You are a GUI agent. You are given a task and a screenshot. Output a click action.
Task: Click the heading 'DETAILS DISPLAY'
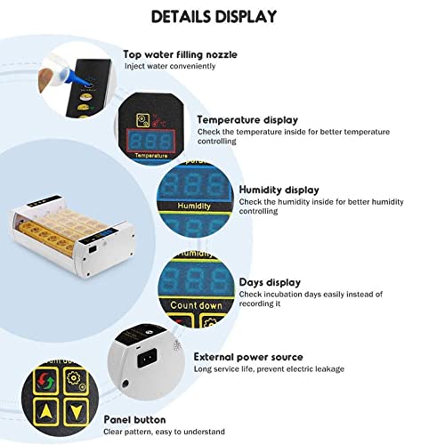(214, 17)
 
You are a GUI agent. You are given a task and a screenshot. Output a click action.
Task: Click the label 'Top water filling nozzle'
(180, 54)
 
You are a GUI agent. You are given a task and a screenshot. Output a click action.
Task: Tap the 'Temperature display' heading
(247, 120)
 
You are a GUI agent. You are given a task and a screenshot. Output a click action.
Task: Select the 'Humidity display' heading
(279, 190)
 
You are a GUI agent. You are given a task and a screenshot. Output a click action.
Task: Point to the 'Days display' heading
(270, 282)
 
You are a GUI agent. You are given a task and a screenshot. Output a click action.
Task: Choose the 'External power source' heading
(248, 357)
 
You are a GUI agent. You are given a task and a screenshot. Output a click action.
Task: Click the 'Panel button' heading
(134, 420)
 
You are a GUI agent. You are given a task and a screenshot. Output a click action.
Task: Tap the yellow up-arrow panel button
(45, 412)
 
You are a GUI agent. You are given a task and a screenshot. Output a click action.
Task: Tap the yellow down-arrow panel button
(77, 412)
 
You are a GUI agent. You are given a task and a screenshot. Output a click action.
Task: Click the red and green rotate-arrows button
(45, 381)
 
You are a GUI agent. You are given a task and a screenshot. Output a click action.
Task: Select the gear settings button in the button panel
(76, 380)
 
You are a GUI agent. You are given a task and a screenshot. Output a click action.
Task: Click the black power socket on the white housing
(147, 358)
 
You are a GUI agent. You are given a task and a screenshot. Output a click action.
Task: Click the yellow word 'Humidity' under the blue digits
(194, 206)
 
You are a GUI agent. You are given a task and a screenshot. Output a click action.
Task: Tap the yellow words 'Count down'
(196, 305)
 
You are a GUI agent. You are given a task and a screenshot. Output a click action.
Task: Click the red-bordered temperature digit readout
(151, 141)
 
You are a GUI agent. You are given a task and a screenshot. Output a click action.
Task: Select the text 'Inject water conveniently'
(170, 66)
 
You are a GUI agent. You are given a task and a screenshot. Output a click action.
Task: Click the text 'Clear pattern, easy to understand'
(164, 432)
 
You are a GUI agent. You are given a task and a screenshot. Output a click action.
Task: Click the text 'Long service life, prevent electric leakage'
(269, 369)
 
